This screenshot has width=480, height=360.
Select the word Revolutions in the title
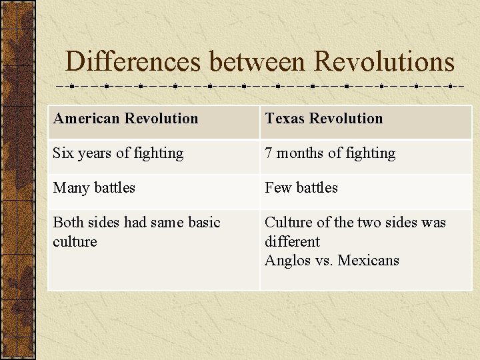click(383, 62)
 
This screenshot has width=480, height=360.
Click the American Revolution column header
click(125, 119)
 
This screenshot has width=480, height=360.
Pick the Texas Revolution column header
click(323, 119)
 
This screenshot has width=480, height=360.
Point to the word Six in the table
click(63, 153)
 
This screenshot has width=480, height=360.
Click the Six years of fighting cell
click(118, 153)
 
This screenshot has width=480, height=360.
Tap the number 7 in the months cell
click(269, 153)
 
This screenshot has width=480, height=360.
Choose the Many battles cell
click(94, 188)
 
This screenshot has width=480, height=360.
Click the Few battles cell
click(301, 188)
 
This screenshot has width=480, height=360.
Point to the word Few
click(277, 188)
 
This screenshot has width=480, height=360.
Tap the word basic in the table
click(203, 223)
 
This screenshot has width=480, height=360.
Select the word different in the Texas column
click(292, 241)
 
